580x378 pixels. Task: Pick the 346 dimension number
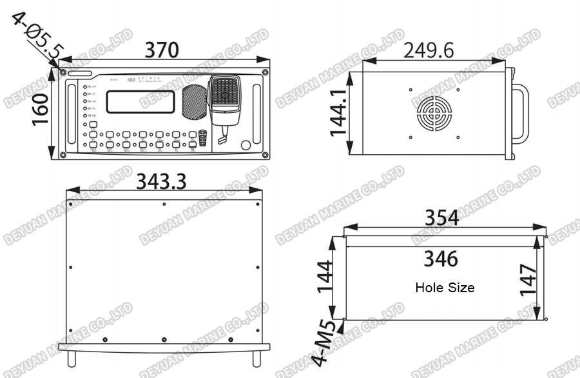(441, 259)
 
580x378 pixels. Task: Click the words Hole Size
(445, 288)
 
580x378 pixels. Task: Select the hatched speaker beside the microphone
(192, 102)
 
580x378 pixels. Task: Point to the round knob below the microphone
(246, 145)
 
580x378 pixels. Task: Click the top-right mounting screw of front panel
(265, 72)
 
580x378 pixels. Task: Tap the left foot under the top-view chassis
(72, 358)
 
